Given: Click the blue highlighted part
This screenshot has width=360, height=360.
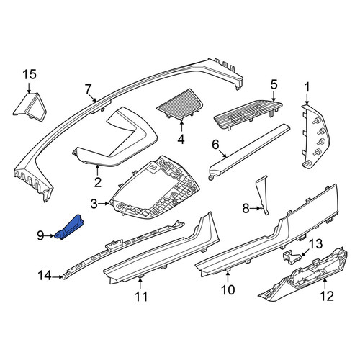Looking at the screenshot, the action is pyautogui.click(x=70, y=228).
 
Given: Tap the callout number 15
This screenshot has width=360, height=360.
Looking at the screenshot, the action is pyautogui.click(x=30, y=74).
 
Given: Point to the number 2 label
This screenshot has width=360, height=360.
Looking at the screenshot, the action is pyautogui.click(x=98, y=182).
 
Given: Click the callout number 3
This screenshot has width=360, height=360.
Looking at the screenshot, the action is pyautogui.click(x=94, y=204).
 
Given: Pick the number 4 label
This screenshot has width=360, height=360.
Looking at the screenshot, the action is pyautogui.click(x=181, y=139).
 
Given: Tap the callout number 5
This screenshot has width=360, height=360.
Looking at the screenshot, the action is pyautogui.click(x=274, y=84).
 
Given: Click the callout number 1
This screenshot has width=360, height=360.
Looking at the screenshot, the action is pyautogui.click(x=307, y=87).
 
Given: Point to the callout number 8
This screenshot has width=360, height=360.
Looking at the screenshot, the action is pyautogui.click(x=246, y=209).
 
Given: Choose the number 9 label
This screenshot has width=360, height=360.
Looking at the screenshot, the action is pyautogui.click(x=40, y=235).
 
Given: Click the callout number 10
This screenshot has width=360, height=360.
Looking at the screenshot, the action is pyautogui.click(x=228, y=289).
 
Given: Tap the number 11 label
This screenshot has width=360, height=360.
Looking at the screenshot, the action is pyautogui.click(x=141, y=297).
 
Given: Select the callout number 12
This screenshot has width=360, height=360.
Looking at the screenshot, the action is pyautogui.click(x=327, y=296).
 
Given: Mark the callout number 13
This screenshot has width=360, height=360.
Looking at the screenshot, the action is pyautogui.click(x=315, y=244).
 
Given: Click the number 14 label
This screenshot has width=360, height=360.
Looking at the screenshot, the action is pyautogui.click(x=45, y=276).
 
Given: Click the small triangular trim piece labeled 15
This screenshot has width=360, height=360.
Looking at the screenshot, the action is pyautogui.click(x=30, y=107).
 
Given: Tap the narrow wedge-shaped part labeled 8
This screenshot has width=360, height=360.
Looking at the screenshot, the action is pyautogui.click(x=262, y=194).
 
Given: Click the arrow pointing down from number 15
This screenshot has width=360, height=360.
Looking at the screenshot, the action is pyautogui.click(x=29, y=88).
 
